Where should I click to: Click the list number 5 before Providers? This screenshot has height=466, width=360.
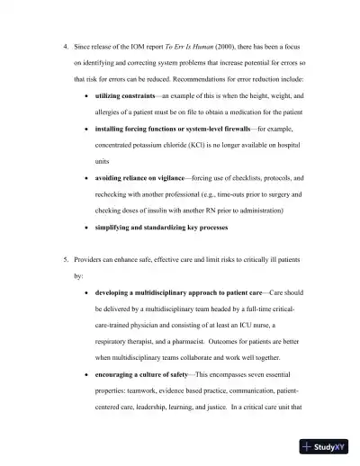65,260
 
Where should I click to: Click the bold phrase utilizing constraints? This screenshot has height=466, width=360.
125,95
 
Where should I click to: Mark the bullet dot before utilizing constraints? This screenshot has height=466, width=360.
85,95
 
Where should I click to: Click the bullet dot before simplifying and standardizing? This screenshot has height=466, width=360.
85,227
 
